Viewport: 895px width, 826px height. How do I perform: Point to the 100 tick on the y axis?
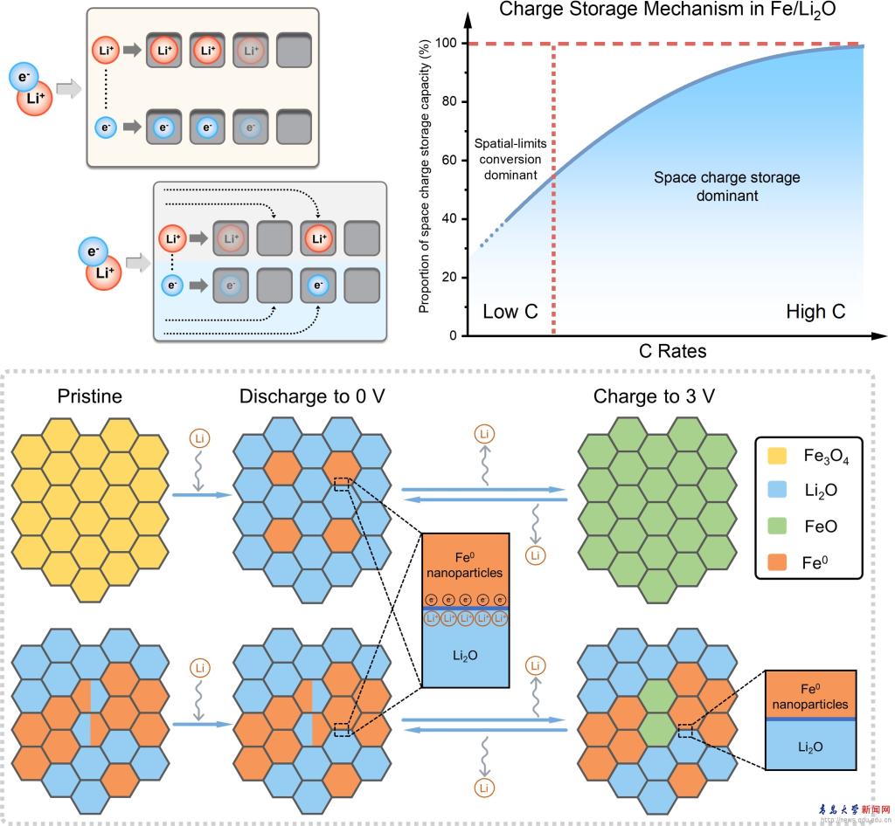pyautogui.click(x=449, y=44)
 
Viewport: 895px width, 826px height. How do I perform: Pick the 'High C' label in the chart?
pyautogui.click(x=815, y=312)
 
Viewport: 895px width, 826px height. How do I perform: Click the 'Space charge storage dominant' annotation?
pyautogui.click(x=726, y=187)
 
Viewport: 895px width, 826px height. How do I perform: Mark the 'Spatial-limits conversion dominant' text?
pyautogui.click(x=508, y=159)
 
